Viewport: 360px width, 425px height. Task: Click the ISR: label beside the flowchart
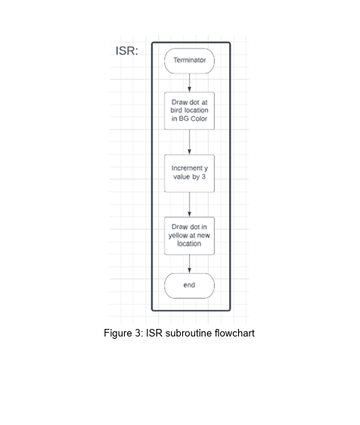[x=127, y=51]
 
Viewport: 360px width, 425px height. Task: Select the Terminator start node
[x=189, y=61]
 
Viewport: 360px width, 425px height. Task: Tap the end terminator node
[x=189, y=286]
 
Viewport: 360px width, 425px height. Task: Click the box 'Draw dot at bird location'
[x=189, y=111]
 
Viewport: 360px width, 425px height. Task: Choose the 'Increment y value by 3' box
[x=189, y=173]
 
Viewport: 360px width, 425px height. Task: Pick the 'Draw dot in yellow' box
[x=189, y=236]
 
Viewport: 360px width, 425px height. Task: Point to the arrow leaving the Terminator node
[x=189, y=83]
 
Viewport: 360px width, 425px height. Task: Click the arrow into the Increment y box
[x=189, y=142]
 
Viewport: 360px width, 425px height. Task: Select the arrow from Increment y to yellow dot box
[x=189, y=205]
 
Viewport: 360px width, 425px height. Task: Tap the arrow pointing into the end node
[x=189, y=264]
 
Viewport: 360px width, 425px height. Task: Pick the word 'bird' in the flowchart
[x=176, y=110]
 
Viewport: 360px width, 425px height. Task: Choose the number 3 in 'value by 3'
[x=203, y=177]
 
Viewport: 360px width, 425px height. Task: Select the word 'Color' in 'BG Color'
[x=199, y=119]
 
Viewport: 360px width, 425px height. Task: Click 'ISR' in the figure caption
[x=154, y=333]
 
